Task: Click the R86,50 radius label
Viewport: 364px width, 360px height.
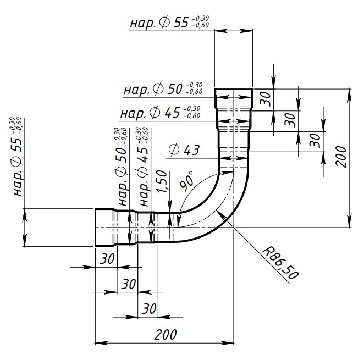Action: tap(280, 263)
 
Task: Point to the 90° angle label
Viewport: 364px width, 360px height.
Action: tap(186, 181)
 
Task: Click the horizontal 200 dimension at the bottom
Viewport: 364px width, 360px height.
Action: tap(166, 335)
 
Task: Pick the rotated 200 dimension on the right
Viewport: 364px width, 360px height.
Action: tap(341, 157)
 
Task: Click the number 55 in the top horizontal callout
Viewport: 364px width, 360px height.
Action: tap(181, 23)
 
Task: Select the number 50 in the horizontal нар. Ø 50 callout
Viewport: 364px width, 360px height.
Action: tap(175, 90)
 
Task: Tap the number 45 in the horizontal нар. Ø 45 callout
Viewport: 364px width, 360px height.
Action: tap(173, 113)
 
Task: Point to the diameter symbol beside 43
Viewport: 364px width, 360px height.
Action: tap(174, 149)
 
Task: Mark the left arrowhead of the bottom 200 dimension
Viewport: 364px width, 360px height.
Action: tap(101, 343)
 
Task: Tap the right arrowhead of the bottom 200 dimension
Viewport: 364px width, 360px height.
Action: tap(228, 343)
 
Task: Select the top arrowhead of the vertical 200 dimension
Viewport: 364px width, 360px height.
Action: tap(349, 96)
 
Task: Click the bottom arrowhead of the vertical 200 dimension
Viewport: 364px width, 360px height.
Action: tap(349, 221)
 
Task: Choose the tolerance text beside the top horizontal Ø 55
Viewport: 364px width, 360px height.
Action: tap(201, 22)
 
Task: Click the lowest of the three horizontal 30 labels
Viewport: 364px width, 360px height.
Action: tap(149, 309)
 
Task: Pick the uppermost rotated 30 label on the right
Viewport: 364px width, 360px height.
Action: tap(266, 98)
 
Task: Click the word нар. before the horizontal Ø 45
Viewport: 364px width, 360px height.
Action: tap(134, 114)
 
